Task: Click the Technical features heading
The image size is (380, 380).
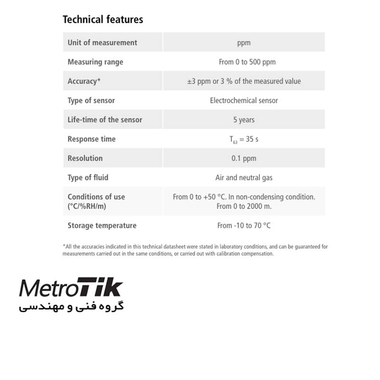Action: point(103,19)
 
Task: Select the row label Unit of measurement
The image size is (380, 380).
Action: point(102,42)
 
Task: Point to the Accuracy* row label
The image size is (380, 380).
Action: point(84,81)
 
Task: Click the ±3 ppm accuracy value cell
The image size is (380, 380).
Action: point(244,81)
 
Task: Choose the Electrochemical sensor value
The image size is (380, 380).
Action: point(244,100)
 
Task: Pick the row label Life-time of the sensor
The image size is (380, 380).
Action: point(104,120)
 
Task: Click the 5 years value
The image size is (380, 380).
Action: point(244,120)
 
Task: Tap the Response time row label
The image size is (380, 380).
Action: point(91,139)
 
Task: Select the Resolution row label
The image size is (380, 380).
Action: point(85,158)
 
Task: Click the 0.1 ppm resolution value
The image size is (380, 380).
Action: point(244,158)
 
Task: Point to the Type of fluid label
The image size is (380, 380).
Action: point(88,178)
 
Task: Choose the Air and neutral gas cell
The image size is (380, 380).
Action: point(244,178)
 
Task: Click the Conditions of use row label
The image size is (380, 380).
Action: point(96,201)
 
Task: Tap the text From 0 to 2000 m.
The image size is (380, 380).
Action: point(244,206)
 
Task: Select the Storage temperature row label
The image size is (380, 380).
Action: point(102,226)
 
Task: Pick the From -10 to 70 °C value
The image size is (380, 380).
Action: point(244,226)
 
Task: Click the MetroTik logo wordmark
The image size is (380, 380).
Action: point(71,288)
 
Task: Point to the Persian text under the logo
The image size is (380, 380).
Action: point(71,307)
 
